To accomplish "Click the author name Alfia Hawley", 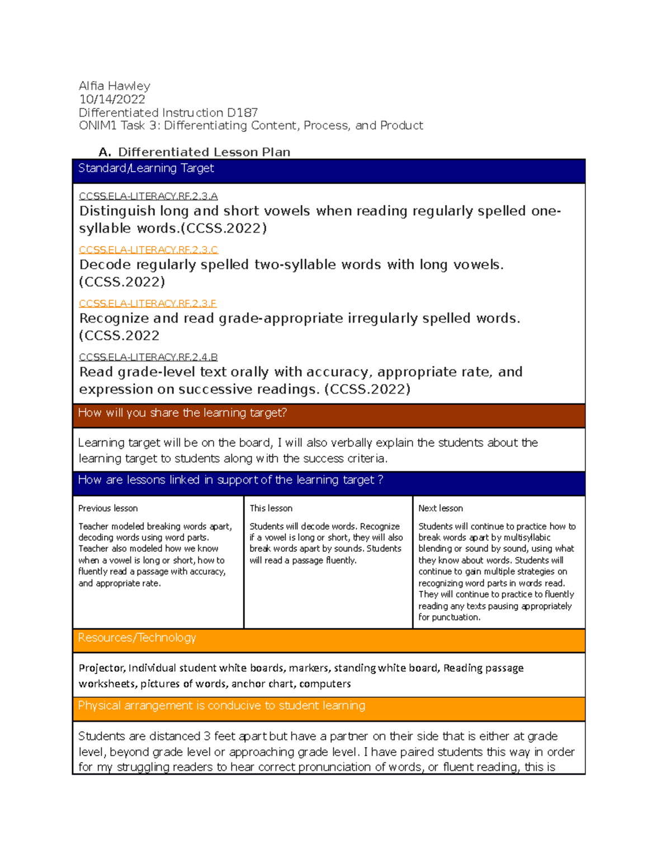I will tap(114, 86).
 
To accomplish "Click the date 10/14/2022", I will tap(112, 99).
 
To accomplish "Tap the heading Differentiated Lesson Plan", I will tap(204, 152).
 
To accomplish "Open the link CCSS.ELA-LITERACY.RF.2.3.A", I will tap(148, 196).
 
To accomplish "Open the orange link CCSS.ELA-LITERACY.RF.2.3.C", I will tap(148, 250).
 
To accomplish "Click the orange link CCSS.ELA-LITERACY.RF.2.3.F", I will tap(148, 303).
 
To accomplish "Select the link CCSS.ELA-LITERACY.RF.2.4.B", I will tap(148, 357).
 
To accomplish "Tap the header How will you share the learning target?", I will tap(182, 413).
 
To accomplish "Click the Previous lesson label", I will tap(108, 509).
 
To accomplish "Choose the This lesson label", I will tap(271, 509).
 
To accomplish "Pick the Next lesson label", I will tap(441, 509).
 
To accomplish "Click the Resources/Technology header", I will tap(137, 638).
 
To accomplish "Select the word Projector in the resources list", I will tap(102, 668).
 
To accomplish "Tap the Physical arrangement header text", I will tap(221, 706).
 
